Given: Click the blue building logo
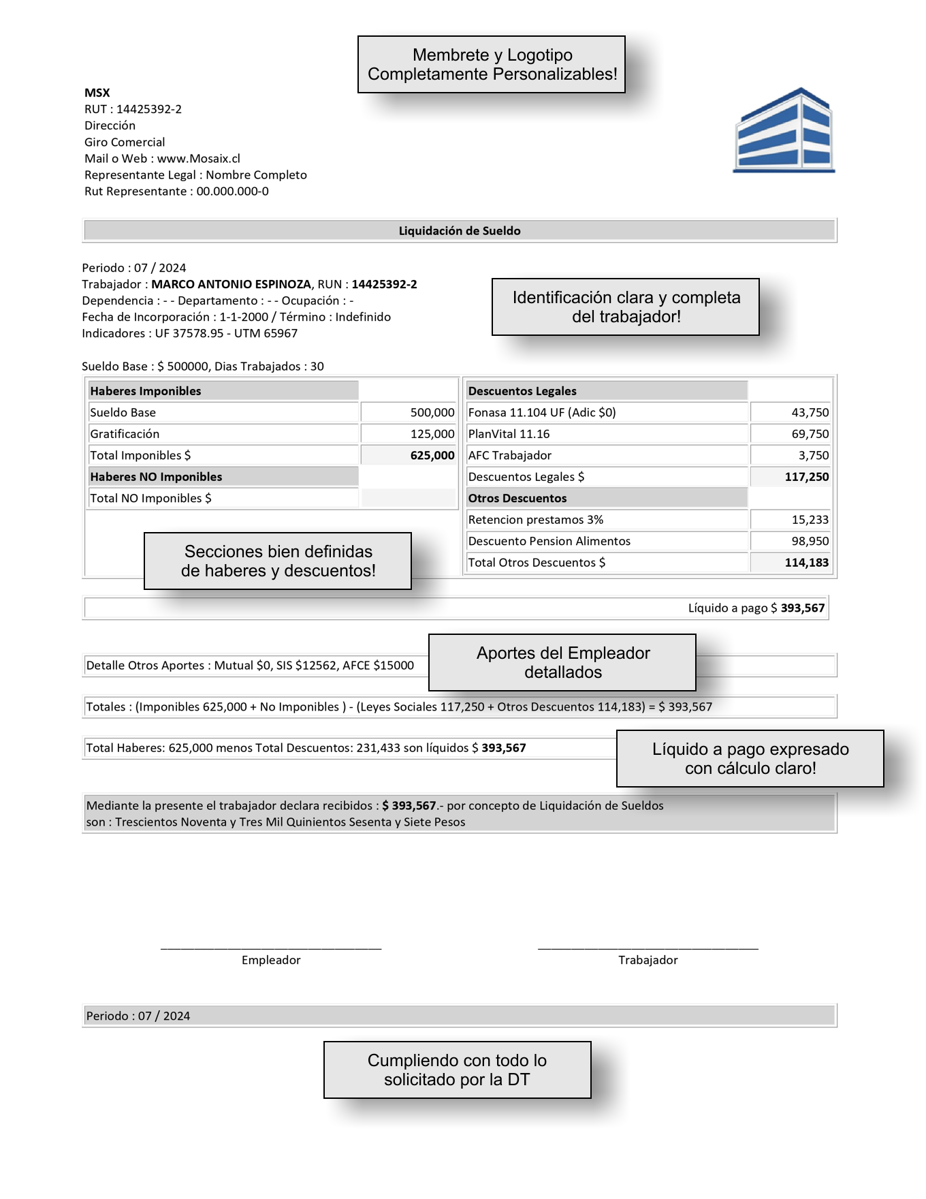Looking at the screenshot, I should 784,130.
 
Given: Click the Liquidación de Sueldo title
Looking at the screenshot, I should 460,231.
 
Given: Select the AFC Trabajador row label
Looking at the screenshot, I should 510,456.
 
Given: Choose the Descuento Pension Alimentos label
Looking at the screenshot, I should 549,542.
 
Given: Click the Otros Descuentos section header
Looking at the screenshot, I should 517,499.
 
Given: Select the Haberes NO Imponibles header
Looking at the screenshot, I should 156,477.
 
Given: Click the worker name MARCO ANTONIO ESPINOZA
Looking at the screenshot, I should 231,285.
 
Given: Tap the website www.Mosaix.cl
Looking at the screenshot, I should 199,159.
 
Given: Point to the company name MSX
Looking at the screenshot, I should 97,93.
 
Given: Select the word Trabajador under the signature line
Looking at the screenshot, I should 648,961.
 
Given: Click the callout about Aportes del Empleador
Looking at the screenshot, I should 562,663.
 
